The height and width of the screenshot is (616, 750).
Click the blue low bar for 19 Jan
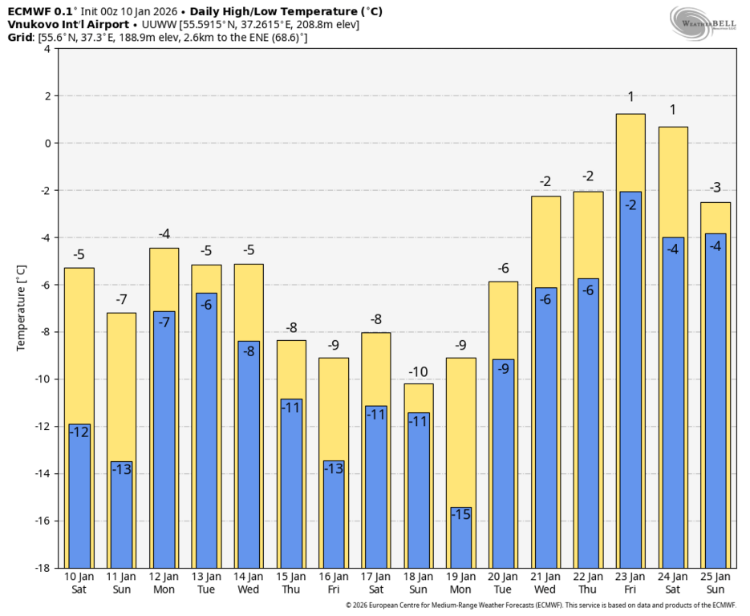point(460,539)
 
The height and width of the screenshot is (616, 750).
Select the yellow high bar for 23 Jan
point(630,152)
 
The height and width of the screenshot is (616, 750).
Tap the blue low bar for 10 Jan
point(79,497)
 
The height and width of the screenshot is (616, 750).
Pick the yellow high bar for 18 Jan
point(418,397)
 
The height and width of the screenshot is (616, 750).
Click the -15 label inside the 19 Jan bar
point(460,515)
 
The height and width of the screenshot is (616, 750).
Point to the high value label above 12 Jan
point(164,234)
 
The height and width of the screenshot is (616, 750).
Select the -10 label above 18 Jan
point(418,371)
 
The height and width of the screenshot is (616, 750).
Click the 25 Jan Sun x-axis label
point(715,583)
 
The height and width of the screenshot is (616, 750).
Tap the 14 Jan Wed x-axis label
point(249,583)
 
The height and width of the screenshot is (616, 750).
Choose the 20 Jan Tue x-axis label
point(503,583)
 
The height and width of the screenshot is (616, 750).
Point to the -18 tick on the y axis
point(40,568)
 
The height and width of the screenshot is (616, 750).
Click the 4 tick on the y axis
point(47,49)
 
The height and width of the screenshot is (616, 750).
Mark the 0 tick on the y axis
point(47,144)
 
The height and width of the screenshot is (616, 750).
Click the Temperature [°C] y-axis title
point(22,309)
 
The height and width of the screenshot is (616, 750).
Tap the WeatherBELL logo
point(703,22)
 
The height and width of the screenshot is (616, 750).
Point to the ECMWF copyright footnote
point(540,606)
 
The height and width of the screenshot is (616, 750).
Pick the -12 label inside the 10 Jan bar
point(79,432)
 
